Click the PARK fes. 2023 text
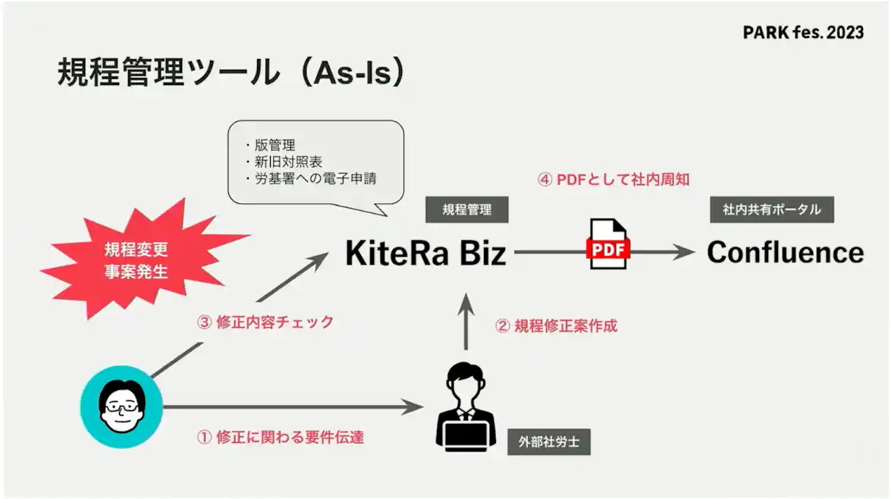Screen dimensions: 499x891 [803, 33]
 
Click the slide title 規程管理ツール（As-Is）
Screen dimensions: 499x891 [231, 73]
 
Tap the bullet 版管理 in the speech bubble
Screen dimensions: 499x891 [274, 145]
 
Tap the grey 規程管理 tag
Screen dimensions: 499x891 [466, 210]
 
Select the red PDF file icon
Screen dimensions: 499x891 [608, 245]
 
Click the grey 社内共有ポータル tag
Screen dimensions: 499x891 [771, 209]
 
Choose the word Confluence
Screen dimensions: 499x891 [785, 253]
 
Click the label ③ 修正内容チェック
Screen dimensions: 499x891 [265, 322]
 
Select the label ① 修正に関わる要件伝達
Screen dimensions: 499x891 [280, 438]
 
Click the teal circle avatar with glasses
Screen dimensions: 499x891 [122, 406]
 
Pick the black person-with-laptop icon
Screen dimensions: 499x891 [466, 406]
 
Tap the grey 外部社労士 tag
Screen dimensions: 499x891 [548, 442]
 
